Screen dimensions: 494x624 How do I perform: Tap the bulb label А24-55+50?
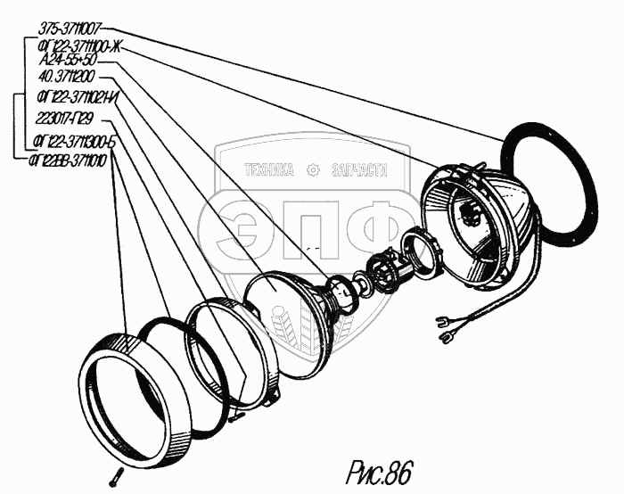69,62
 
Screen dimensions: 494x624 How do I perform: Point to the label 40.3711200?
68,78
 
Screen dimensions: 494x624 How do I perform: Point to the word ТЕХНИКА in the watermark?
268,170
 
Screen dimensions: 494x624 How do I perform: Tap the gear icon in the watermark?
313,170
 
